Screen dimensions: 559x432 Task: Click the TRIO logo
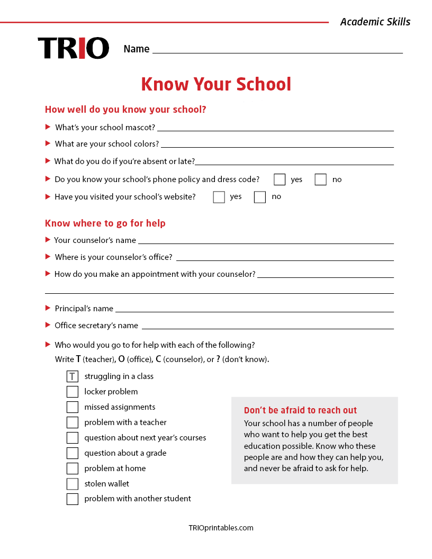click(x=74, y=48)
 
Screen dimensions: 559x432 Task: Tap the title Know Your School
click(x=216, y=84)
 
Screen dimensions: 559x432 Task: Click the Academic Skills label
click(x=375, y=22)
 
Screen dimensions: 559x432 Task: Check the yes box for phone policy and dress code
click(x=280, y=179)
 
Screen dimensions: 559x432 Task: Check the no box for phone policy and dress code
click(x=320, y=179)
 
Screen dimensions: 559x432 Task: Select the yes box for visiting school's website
click(x=219, y=197)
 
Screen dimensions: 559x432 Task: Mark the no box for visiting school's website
click(x=259, y=197)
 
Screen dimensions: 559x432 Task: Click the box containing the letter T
click(x=73, y=376)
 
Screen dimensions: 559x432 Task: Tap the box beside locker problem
click(x=73, y=392)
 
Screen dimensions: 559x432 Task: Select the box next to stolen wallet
click(x=73, y=484)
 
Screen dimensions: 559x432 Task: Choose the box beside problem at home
click(x=73, y=468)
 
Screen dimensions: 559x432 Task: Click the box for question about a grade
click(x=73, y=453)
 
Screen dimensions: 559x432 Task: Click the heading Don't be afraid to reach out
click(x=300, y=410)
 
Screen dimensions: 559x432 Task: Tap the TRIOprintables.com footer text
click(x=221, y=528)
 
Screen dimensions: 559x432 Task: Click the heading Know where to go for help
click(x=105, y=223)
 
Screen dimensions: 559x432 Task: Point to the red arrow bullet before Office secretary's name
click(x=48, y=325)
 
